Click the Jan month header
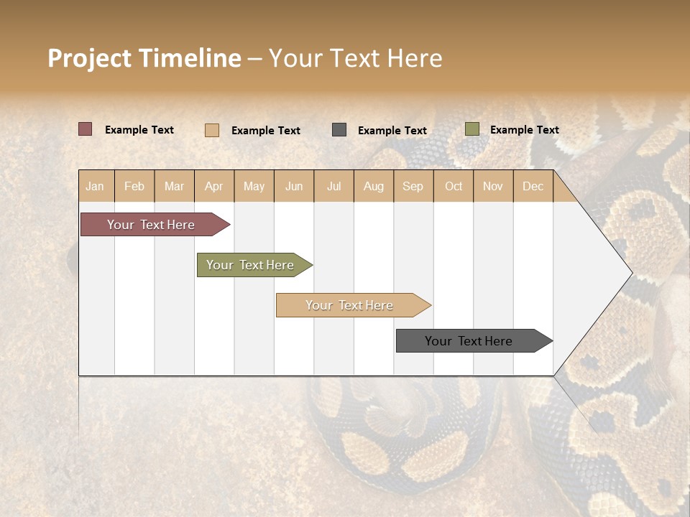click(x=96, y=186)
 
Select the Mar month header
click(x=174, y=186)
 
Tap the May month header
click(x=254, y=186)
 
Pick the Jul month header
click(x=333, y=186)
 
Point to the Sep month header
click(x=413, y=186)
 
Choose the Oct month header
click(x=454, y=186)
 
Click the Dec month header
click(x=533, y=186)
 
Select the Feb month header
click(x=134, y=186)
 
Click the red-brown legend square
click(x=85, y=129)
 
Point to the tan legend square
click(x=211, y=130)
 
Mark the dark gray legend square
click(x=339, y=130)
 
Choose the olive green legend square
click(x=471, y=129)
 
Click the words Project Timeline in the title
click(x=144, y=58)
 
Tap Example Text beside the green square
click(x=524, y=130)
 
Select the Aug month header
click(x=373, y=186)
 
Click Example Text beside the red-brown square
click(x=139, y=130)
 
